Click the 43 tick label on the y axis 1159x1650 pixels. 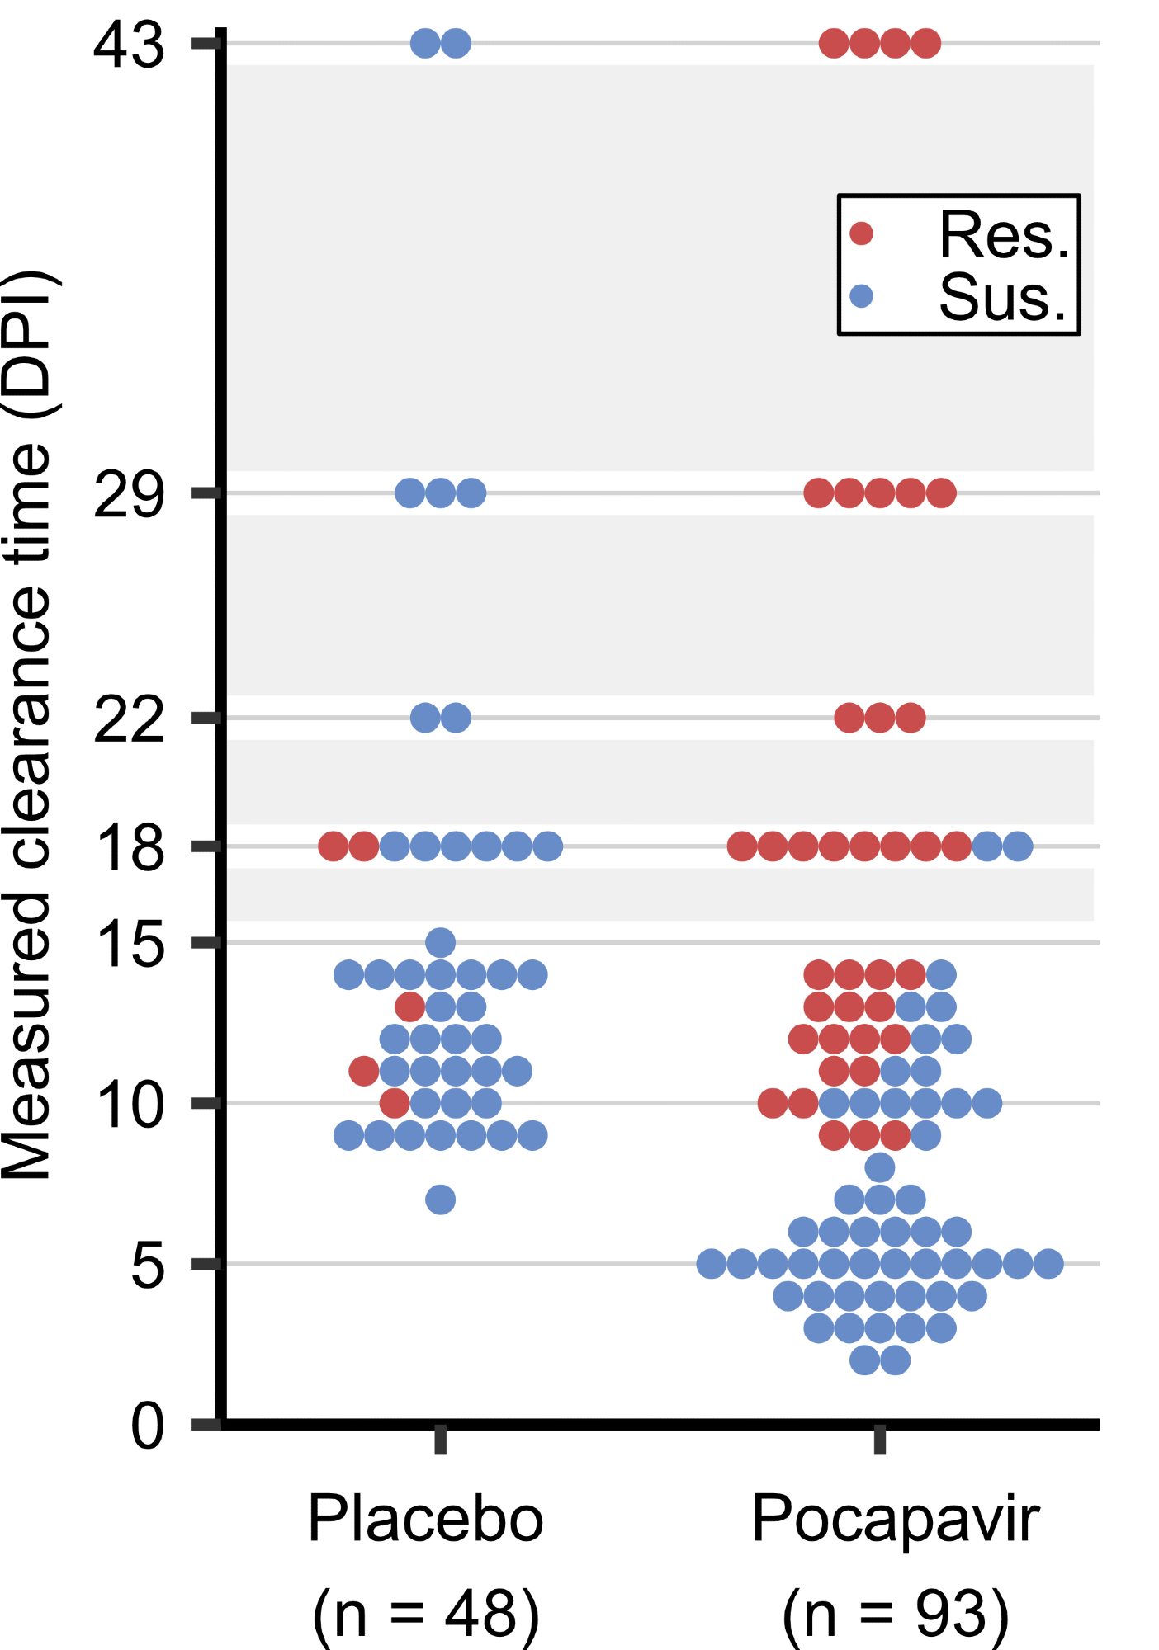click(129, 45)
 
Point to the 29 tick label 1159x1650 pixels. click(129, 494)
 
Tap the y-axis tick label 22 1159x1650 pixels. click(129, 719)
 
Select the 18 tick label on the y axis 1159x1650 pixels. click(130, 847)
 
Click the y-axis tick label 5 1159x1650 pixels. click(148, 1265)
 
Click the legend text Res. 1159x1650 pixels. click(1004, 235)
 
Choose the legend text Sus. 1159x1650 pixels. click(1002, 297)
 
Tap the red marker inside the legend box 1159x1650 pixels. click(861, 233)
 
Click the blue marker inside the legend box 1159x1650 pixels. click(861, 295)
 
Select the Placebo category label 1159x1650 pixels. click(425, 1518)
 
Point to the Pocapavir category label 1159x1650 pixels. click(895, 1518)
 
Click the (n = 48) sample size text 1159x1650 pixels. click(425, 1613)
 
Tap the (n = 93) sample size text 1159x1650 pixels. click(895, 1613)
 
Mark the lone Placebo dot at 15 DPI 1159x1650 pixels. click(441, 942)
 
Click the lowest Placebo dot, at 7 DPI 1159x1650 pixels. click(441, 1200)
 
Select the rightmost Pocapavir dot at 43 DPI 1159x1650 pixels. click(925, 43)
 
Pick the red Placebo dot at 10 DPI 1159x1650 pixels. click(395, 1103)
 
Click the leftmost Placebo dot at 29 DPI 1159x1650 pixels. click(410, 493)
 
